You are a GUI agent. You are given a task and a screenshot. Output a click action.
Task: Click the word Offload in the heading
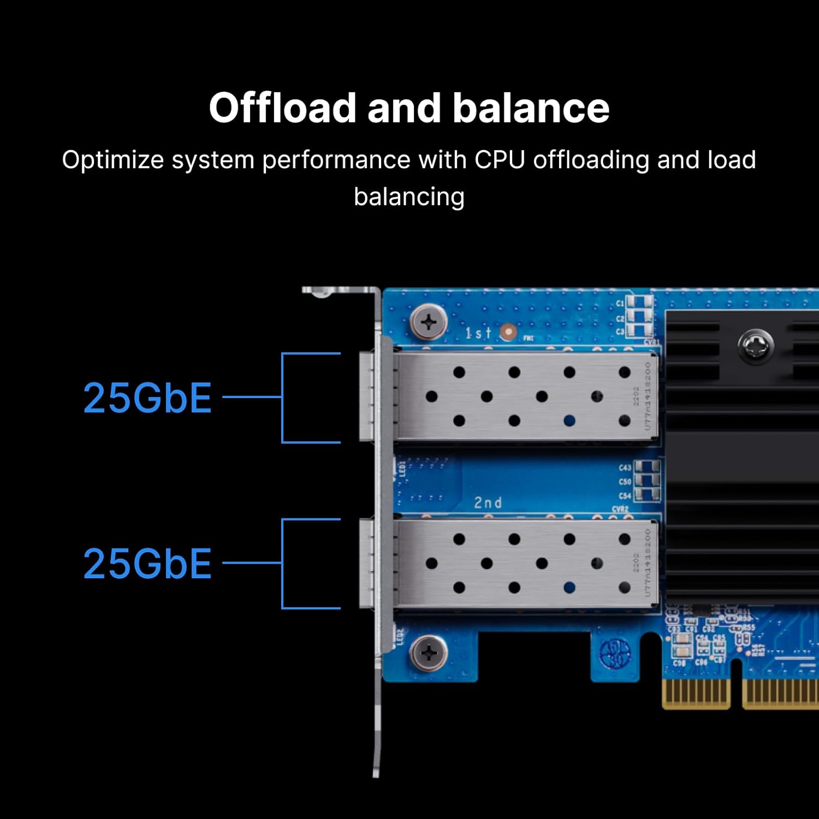pyautogui.click(x=282, y=108)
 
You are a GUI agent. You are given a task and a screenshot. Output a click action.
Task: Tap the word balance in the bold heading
pyautogui.click(x=531, y=108)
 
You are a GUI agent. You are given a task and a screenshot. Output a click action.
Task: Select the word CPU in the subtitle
pyautogui.click(x=500, y=160)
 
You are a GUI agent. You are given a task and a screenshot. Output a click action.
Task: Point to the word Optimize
pyautogui.click(x=112, y=161)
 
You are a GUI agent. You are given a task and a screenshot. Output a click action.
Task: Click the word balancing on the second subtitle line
pyautogui.click(x=409, y=197)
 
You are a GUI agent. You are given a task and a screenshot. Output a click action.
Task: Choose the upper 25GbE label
pyautogui.click(x=147, y=397)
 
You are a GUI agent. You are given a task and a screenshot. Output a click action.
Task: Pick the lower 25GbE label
pyautogui.click(x=147, y=563)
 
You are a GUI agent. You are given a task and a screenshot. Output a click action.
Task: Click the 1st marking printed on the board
pyautogui.click(x=478, y=333)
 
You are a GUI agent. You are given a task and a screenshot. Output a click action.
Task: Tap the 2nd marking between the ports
pyautogui.click(x=488, y=502)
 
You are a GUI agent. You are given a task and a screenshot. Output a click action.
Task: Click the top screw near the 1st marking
pyautogui.click(x=429, y=322)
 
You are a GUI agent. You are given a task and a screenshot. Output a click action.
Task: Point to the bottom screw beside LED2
pyautogui.click(x=429, y=652)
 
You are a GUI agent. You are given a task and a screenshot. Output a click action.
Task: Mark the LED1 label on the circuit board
pyautogui.click(x=402, y=468)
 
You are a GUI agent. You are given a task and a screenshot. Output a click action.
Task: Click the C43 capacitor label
pyautogui.click(x=625, y=467)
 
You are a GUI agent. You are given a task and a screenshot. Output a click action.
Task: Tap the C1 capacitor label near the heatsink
pyautogui.click(x=620, y=304)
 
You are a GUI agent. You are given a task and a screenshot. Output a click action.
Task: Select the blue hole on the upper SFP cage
pyautogui.click(x=569, y=420)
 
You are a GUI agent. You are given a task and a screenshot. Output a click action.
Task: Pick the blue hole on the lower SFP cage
pyautogui.click(x=569, y=587)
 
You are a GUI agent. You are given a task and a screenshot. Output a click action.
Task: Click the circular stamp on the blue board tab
pyautogui.click(x=615, y=653)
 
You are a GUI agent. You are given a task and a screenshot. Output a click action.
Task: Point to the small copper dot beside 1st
pyautogui.click(x=508, y=331)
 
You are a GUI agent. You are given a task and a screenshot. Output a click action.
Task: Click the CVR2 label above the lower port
pyautogui.click(x=620, y=509)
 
